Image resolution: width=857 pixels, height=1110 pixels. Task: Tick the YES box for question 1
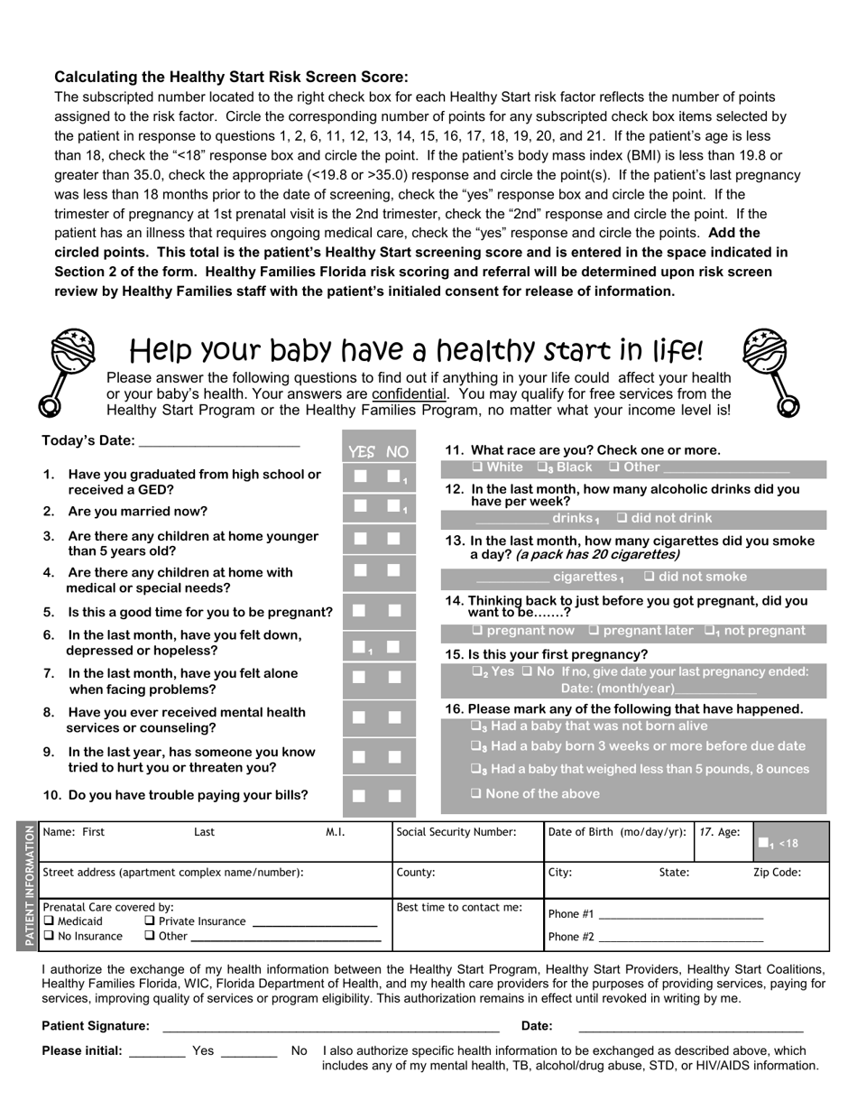(361, 476)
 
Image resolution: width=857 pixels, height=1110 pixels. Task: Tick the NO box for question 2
(393, 506)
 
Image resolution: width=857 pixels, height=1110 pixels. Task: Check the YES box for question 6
(359, 646)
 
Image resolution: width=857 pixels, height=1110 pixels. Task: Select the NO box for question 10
(394, 796)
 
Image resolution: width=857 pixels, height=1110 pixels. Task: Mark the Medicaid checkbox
(49, 921)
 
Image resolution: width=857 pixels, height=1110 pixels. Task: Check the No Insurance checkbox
(49, 936)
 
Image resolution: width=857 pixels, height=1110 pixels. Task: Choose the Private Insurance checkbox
(150, 921)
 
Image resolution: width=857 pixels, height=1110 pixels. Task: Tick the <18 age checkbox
(764, 844)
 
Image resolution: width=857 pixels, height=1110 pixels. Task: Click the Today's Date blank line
(219, 441)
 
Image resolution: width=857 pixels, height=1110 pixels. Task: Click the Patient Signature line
(330, 1026)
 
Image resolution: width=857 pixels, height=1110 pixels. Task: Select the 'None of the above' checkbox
(476, 793)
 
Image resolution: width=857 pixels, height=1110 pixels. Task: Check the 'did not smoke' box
(650, 577)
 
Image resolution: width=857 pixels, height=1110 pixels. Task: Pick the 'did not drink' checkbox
(622, 518)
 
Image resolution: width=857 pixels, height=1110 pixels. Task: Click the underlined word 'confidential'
(409, 394)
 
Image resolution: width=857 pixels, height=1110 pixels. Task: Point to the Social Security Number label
(456, 832)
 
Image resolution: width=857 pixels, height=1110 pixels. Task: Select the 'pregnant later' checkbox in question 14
(594, 631)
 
